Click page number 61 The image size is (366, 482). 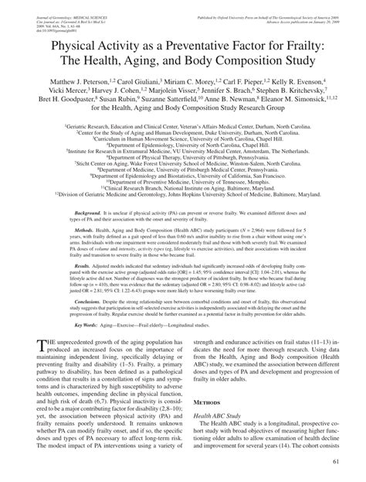tap(339, 463)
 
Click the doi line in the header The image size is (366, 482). tap(48, 20)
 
